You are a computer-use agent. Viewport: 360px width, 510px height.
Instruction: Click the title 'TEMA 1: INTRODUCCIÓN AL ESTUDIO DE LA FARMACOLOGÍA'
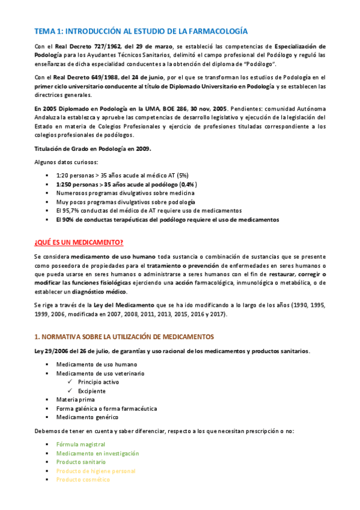coord(140,31)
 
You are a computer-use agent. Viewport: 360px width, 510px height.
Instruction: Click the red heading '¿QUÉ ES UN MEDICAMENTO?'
coord(79,242)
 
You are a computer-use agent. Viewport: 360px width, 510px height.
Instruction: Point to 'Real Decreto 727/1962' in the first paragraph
coord(88,46)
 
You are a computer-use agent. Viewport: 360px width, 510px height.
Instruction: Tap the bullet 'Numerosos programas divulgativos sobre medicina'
coord(125,193)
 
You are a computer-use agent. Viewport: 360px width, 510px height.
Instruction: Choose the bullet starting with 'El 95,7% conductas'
coord(148,211)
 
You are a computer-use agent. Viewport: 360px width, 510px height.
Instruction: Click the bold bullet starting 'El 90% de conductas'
coord(167,220)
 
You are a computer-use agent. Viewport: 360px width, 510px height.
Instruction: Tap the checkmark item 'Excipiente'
coord(91,391)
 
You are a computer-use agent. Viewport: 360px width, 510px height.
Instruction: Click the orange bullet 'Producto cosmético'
coord(83,479)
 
